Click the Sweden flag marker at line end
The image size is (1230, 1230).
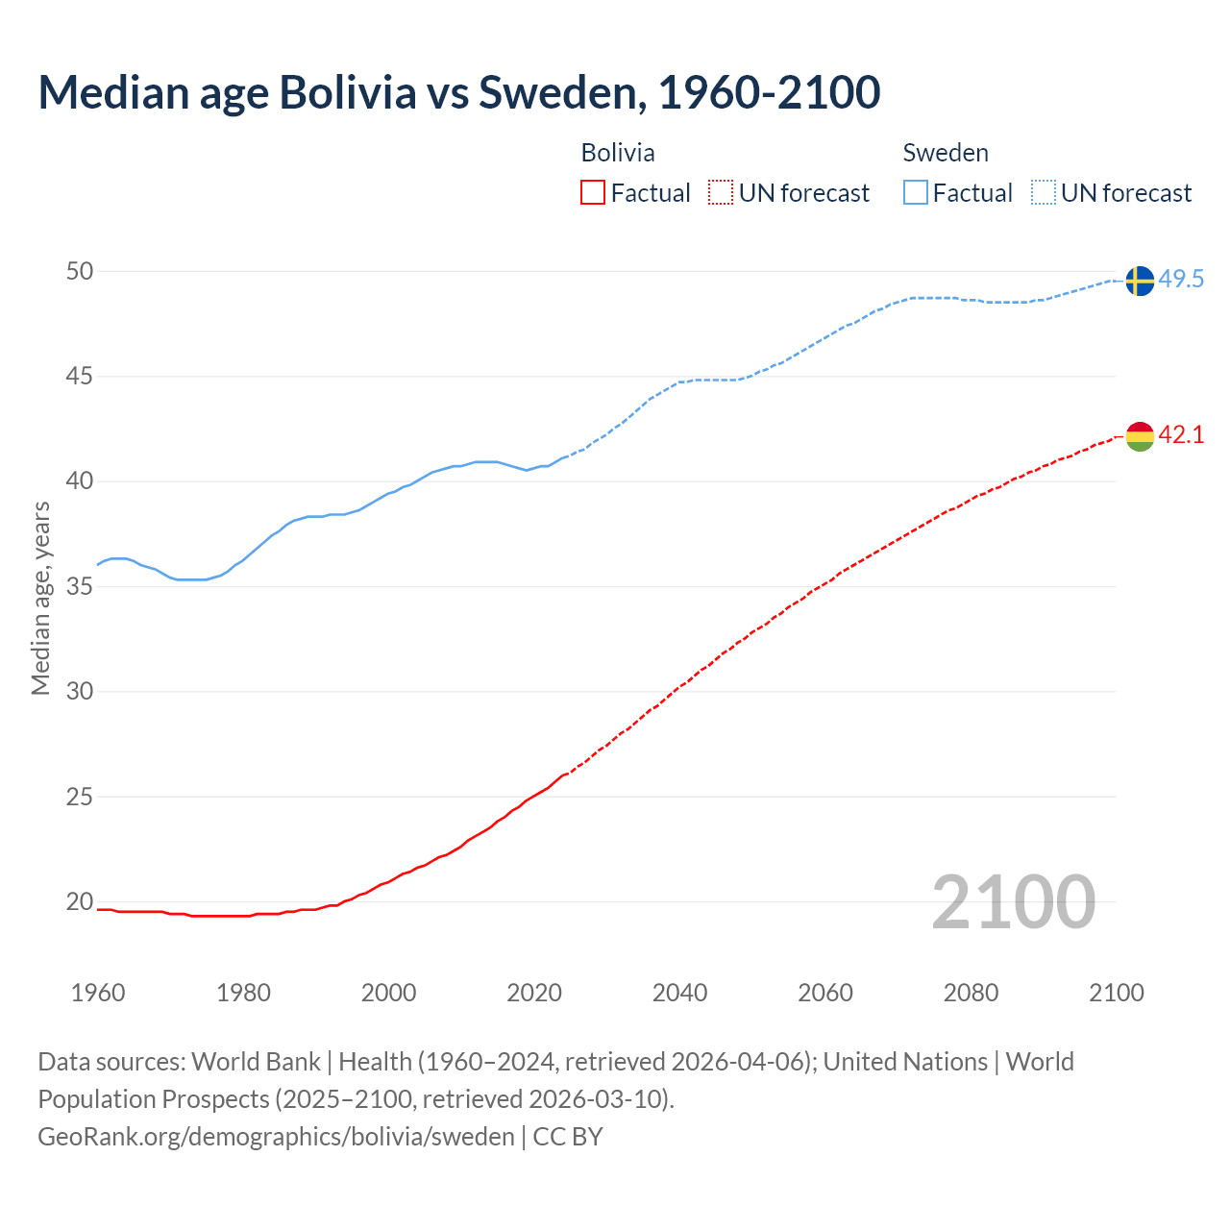click(x=1139, y=281)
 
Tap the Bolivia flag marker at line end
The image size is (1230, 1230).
click(x=1139, y=435)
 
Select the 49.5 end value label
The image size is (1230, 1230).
click(x=1181, y=280)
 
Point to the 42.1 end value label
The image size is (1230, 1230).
click(x=1181, y=435)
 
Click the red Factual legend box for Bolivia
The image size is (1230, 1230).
click(x=593, y=193)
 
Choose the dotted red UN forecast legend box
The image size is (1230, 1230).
click(x=721, y=193)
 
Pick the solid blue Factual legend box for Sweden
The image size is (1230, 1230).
click(x=916, y=193)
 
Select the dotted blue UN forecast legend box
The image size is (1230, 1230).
click(x=1043, y=193)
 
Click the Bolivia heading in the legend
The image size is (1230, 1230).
click(x=618, y=153)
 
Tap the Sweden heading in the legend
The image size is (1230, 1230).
click(x=946, y=153)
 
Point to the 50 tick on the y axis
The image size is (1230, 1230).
click(x=80, y=272)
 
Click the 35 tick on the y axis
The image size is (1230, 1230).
click(x=80, y=586)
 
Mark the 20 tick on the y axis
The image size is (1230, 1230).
click(x=80, y=901)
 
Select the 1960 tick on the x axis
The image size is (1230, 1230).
click(x=98, y=993)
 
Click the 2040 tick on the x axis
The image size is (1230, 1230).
click(x=679, y=993)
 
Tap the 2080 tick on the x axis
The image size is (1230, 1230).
click(x=971, y=993)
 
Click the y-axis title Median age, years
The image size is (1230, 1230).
click(x=40, y=598)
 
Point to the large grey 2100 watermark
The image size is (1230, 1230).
click(x=1013, y=901)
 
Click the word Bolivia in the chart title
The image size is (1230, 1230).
click(x=348, y=92)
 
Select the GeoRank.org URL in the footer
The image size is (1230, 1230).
click(x=276, y=1137)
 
